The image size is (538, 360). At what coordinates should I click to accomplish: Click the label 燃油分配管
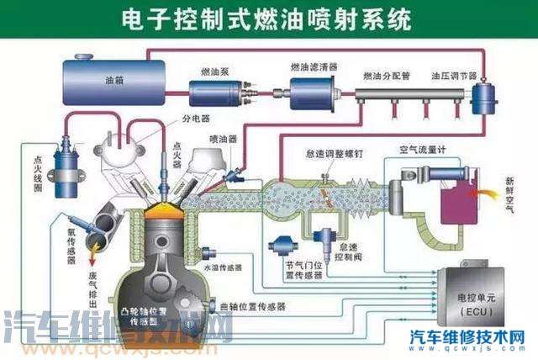[x=386, y=76]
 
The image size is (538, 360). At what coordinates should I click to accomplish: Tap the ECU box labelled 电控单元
[x=478, y=299]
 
